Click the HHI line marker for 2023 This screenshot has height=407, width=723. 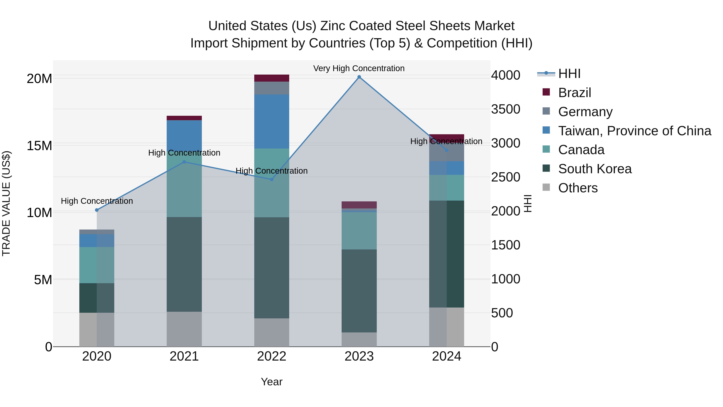[x=359, y=77]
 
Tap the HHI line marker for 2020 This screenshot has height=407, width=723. [x=97, y=210]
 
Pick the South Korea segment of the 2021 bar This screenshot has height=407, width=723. [x=184, y=264]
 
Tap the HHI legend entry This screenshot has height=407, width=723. [x=569, y=74]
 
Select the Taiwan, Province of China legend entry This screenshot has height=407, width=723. [x=634, y=131]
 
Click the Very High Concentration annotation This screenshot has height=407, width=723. [x=359, y=68]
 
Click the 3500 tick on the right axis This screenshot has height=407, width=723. [x=505, y=109]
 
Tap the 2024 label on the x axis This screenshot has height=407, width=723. [x=446, y=356]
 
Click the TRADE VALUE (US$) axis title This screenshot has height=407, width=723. [x=6, y=203]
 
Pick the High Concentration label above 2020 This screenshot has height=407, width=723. [x=97, y=201]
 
